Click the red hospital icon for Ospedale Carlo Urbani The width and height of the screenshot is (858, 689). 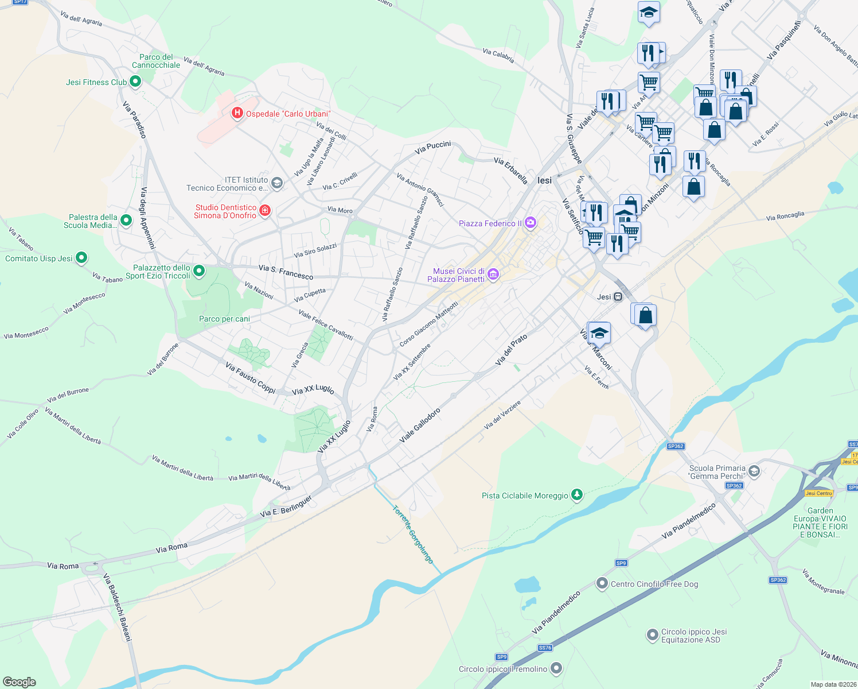click(237, 113)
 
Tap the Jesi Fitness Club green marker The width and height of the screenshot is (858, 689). click(135, 82)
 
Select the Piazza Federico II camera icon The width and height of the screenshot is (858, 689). click(531, 223)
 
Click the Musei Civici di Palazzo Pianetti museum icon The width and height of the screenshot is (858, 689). click(493, 275)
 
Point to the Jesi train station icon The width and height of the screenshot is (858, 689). click(618, 297)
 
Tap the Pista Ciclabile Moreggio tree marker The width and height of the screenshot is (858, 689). click(577, 495)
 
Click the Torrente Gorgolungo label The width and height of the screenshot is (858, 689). click(413, 535)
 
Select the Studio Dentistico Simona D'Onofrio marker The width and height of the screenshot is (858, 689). click(265, 211)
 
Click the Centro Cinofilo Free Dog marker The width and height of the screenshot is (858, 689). click(602, 583)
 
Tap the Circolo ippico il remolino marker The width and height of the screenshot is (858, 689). click(556, 668)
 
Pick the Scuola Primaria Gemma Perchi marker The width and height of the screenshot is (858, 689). click(754, 471)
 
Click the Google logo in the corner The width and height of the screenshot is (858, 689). click(19, 682)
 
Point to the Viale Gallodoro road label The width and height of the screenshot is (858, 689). click(420, 425)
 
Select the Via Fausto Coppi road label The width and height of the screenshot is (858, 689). click(250, 377)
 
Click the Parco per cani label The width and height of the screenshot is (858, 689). click(224, 319)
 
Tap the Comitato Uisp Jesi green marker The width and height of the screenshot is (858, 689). click(81, 258)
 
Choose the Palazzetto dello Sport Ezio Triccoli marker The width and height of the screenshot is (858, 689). click(199, 270)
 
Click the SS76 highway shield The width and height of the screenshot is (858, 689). click(545, 648)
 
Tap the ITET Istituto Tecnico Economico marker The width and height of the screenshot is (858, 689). click(276, 183)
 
